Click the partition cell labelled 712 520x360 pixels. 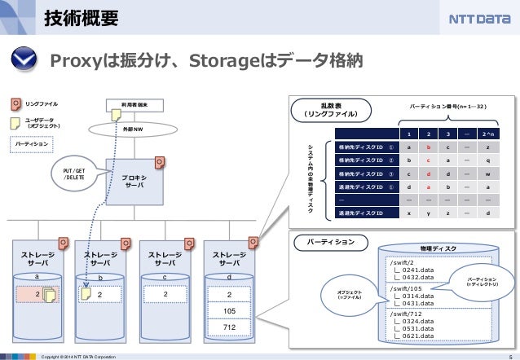[x=230, y=327]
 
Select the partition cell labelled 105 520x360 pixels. [x=230, y=310]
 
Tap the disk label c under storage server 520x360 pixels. [x=165, y=278]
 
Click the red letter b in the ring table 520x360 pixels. [x=425, y=147]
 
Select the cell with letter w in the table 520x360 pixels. [x=487, y=173]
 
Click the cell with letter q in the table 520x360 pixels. [x=487, y=160]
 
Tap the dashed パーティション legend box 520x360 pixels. [x=33, y=143]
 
